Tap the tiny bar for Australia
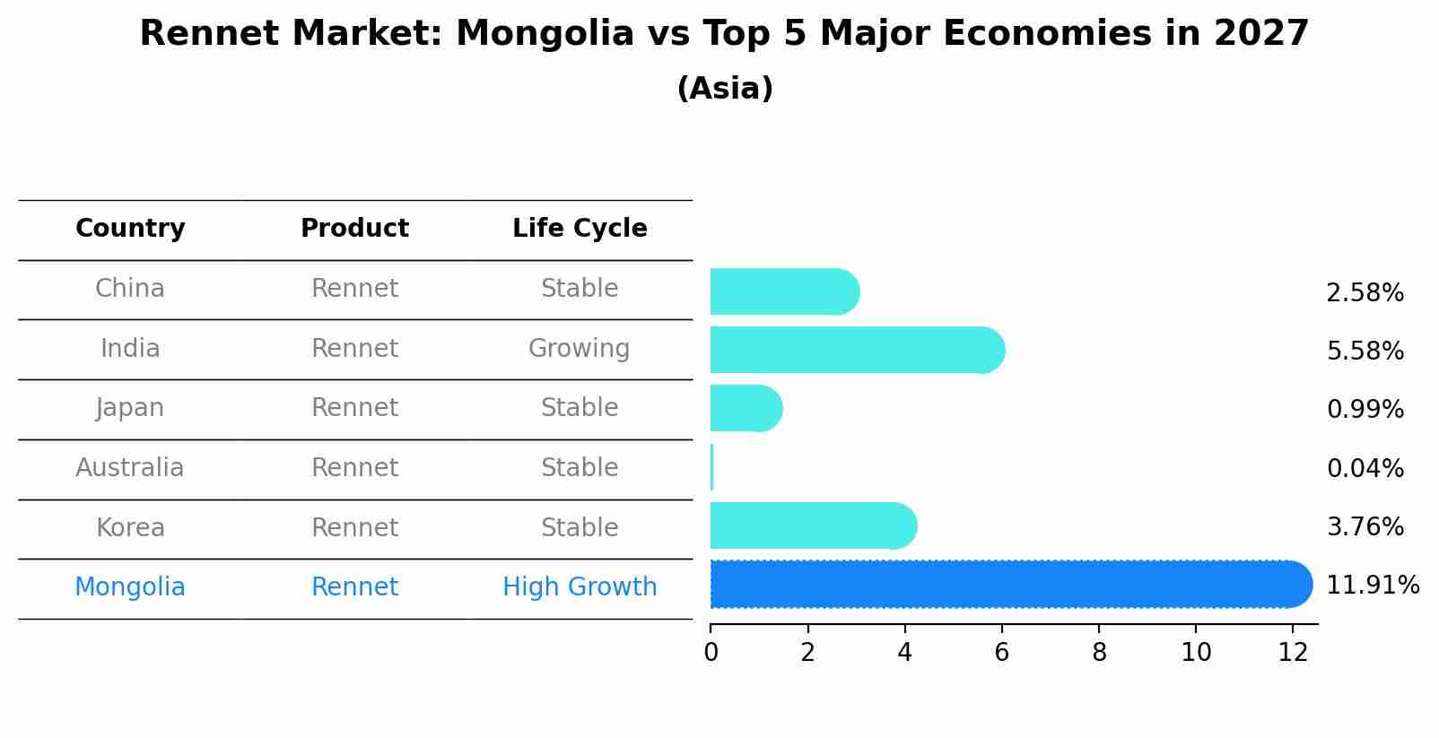click(711, 467)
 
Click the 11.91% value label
click(1372, 586)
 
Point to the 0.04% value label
click(1365, 468)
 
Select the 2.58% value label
click(1365, 292)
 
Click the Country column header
click(130, 229)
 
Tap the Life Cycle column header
click(580, 229)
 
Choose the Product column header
click(354, 229)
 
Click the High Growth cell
click(580, 587)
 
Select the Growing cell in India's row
click(579, 348)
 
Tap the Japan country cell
click(130, 408)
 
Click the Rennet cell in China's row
click(354, 289)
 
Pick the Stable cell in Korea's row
click(580, 527)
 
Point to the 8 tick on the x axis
click(1099, 652)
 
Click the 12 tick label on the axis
click(1293, 652)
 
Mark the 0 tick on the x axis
click(711, 652)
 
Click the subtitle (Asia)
click(725, 89)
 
